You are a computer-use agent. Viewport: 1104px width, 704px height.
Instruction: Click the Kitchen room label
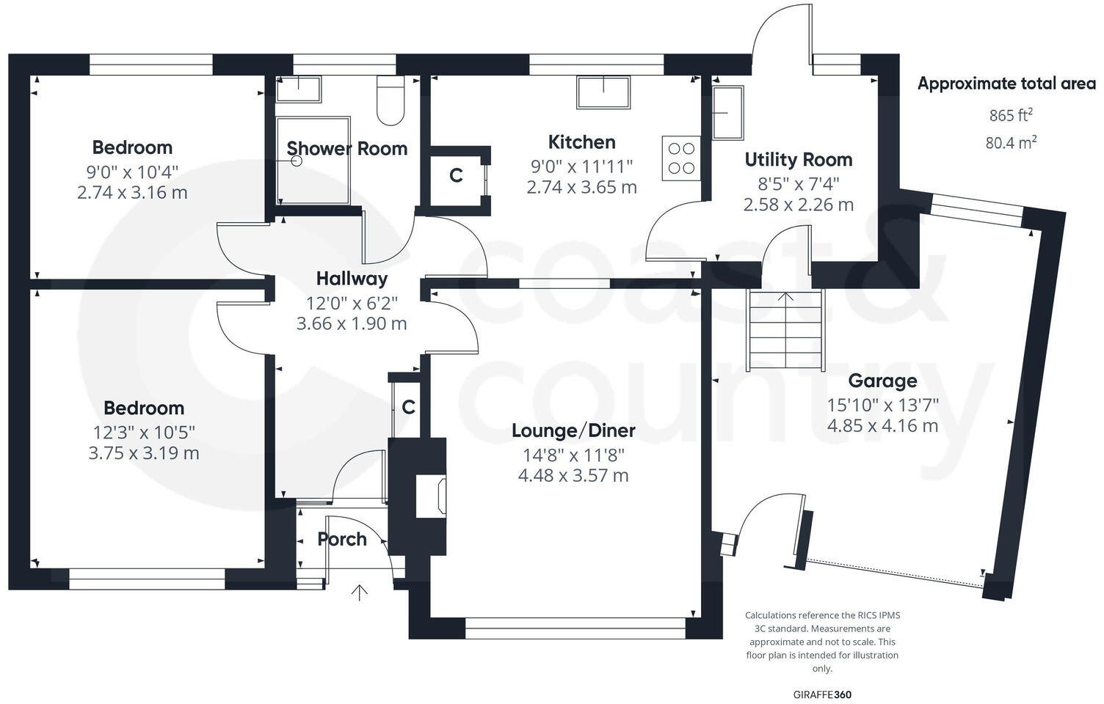point(581,142)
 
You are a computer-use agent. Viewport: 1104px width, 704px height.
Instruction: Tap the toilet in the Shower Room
point(390,101)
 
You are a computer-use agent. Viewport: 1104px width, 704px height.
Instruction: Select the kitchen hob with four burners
point(680,158)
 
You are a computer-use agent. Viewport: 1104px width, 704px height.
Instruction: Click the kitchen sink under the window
point(603,92)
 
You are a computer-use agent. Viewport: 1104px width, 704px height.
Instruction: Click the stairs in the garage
point(786,330)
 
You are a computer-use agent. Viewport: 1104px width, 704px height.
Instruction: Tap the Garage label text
point(882,381)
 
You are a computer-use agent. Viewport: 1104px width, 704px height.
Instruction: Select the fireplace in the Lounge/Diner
point(431,496)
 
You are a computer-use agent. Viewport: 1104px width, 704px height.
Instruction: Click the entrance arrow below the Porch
point(360,593)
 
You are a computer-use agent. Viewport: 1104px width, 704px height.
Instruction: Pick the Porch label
point(342,539)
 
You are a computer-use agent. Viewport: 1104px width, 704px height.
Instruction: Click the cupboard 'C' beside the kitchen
point(456,176)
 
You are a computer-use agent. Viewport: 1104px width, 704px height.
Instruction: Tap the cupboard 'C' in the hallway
point(408,407)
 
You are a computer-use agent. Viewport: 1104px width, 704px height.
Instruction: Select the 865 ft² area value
point(1011,115)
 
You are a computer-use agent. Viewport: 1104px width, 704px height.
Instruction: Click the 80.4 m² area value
point(1011,142)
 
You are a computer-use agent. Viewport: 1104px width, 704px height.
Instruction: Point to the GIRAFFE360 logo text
point(822,694)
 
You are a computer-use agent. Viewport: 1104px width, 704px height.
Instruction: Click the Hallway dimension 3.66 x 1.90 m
point(351,323)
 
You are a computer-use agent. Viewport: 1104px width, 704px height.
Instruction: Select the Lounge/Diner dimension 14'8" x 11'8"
point(573,455)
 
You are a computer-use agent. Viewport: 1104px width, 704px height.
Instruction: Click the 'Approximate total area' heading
point(1006,84)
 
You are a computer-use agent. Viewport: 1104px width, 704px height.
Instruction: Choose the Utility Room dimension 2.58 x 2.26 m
point(798,205)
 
